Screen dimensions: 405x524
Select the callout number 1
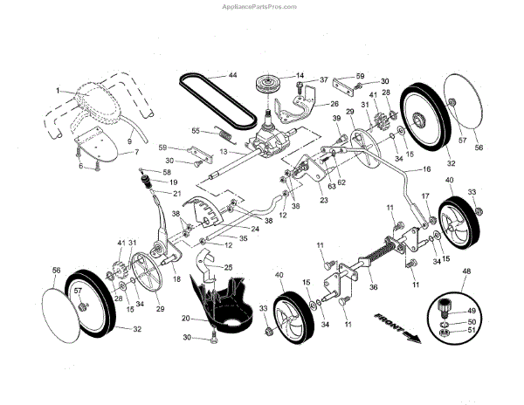[57, 90]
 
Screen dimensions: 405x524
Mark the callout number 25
[228, 267]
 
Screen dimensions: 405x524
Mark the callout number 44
[232, 76]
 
